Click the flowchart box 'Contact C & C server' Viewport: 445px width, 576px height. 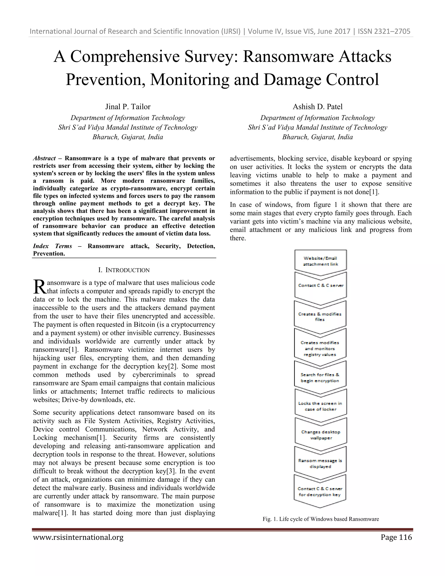320,285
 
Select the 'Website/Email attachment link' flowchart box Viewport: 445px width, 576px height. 320,261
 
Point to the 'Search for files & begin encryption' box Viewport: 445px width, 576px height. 320,378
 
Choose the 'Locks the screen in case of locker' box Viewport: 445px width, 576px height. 320,406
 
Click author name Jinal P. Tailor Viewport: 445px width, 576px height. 128,107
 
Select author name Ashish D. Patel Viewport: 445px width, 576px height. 317,107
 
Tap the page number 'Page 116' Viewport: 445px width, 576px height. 396,537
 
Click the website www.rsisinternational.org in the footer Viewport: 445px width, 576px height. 78,537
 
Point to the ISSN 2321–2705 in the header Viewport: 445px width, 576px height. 384,31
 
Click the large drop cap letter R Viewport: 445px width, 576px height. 40,287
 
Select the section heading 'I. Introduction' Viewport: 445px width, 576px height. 124,270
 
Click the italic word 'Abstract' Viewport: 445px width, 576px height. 44,158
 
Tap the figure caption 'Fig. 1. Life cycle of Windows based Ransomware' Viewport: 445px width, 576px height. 320,519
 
